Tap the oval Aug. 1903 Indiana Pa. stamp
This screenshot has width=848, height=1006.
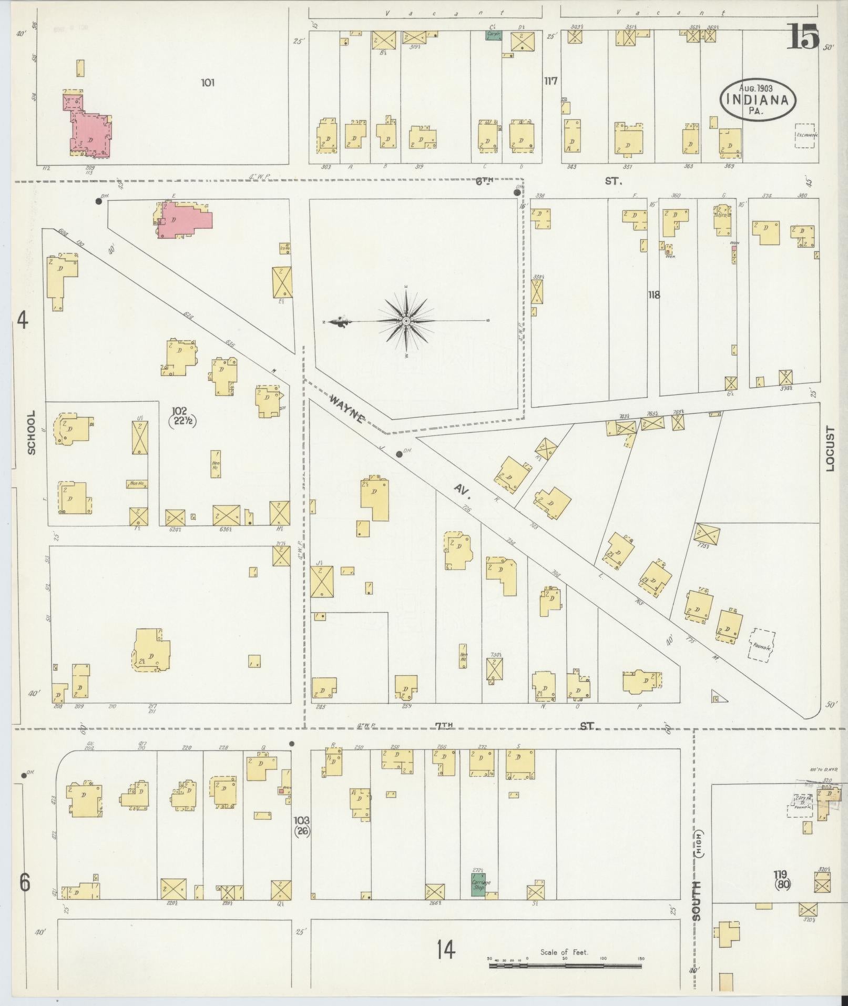pos(758,100)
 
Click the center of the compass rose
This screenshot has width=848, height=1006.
pos(406,320)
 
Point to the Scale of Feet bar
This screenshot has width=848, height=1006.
pos(566,966)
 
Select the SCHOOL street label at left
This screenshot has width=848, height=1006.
pos(32,432)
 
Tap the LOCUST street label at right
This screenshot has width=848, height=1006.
pos(830,449)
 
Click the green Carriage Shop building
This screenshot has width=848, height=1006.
pos(478,885)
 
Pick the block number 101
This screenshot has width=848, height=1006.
pos(208,83)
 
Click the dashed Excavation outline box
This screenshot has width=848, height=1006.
pos(804,135)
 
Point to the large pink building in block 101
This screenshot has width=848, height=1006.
pos(90,133)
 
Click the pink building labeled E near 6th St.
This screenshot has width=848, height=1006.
pos(185,220)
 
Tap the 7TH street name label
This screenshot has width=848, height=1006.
pos(443,726)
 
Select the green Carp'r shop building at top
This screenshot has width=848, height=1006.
pos(493,35)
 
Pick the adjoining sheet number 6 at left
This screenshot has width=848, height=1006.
pos(25,882)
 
